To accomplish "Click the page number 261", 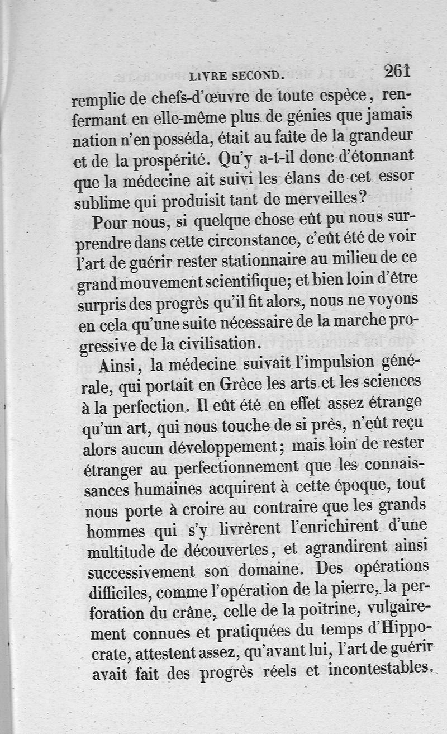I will (x=397, y=71).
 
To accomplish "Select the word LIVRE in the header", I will (x=208, y=75).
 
